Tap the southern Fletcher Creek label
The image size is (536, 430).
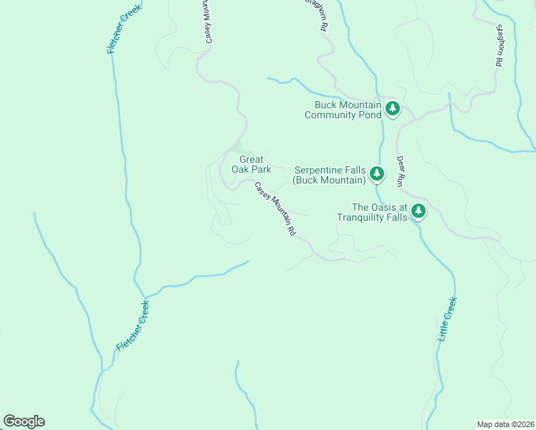(133, 327)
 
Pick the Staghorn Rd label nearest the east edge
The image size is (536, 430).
(498, 46)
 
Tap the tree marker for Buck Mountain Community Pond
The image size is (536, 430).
(392, 108)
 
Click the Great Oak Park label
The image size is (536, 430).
(251, 164)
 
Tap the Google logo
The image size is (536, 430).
(24, 421)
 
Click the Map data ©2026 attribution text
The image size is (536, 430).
(506, 424)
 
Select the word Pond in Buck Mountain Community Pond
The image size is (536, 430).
(369, 114)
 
